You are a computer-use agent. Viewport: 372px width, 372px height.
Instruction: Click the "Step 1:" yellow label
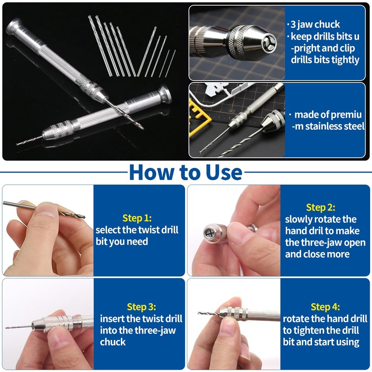coord(137,218)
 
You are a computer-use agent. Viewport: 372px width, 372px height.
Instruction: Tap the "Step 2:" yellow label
coord(320,207)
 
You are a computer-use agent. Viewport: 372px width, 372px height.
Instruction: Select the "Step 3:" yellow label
coord(141,307)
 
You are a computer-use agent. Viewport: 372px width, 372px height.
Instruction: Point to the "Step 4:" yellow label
coord(325,307)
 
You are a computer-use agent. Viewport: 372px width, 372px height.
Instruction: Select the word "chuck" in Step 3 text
coord(113,342)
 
